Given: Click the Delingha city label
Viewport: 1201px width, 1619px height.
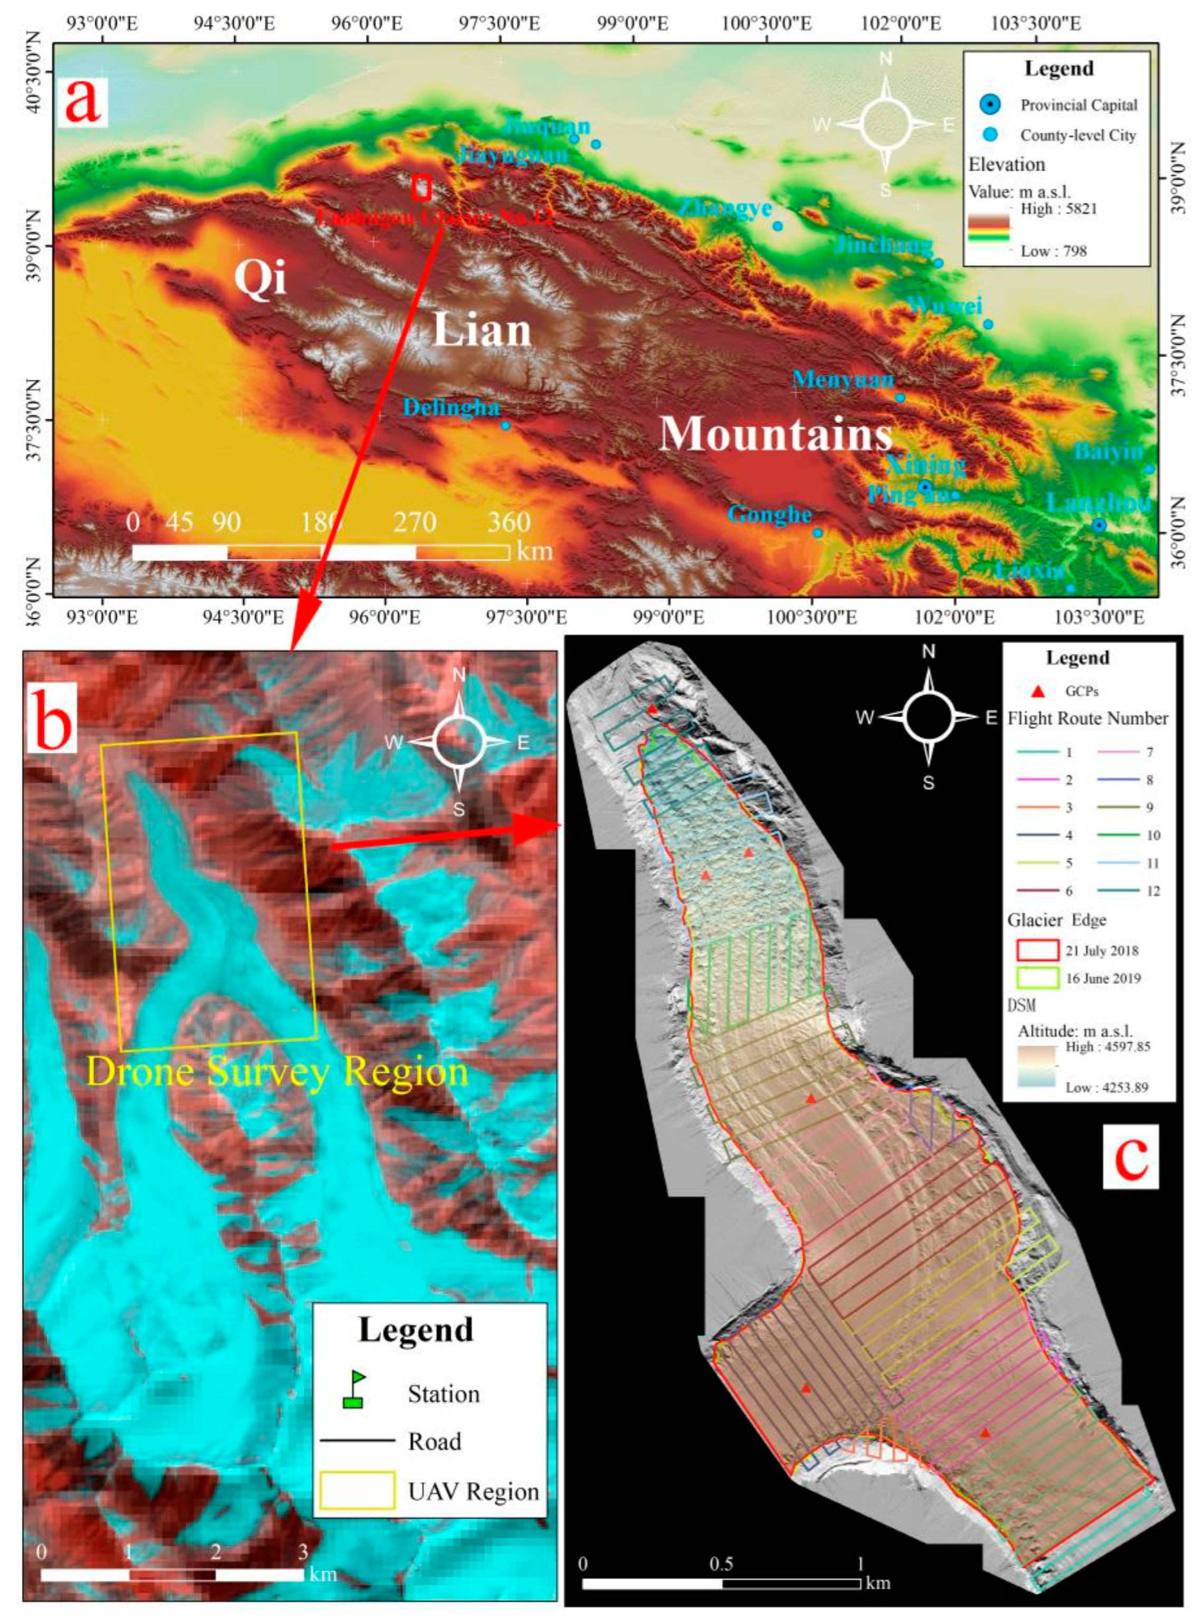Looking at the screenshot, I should click(x=451, y=407).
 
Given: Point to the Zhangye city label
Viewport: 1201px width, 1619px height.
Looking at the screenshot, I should click(x=725, y=209).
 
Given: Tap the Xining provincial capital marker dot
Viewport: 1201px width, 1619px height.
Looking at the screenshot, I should click(x=924, y=486).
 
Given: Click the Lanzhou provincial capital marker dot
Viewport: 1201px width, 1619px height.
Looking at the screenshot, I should click(x=1099, y=525).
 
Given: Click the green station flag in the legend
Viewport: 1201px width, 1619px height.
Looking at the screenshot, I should click(x=354, y=1389).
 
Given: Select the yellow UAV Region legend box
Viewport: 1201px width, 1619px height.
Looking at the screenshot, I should click(x=357, y=1490).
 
